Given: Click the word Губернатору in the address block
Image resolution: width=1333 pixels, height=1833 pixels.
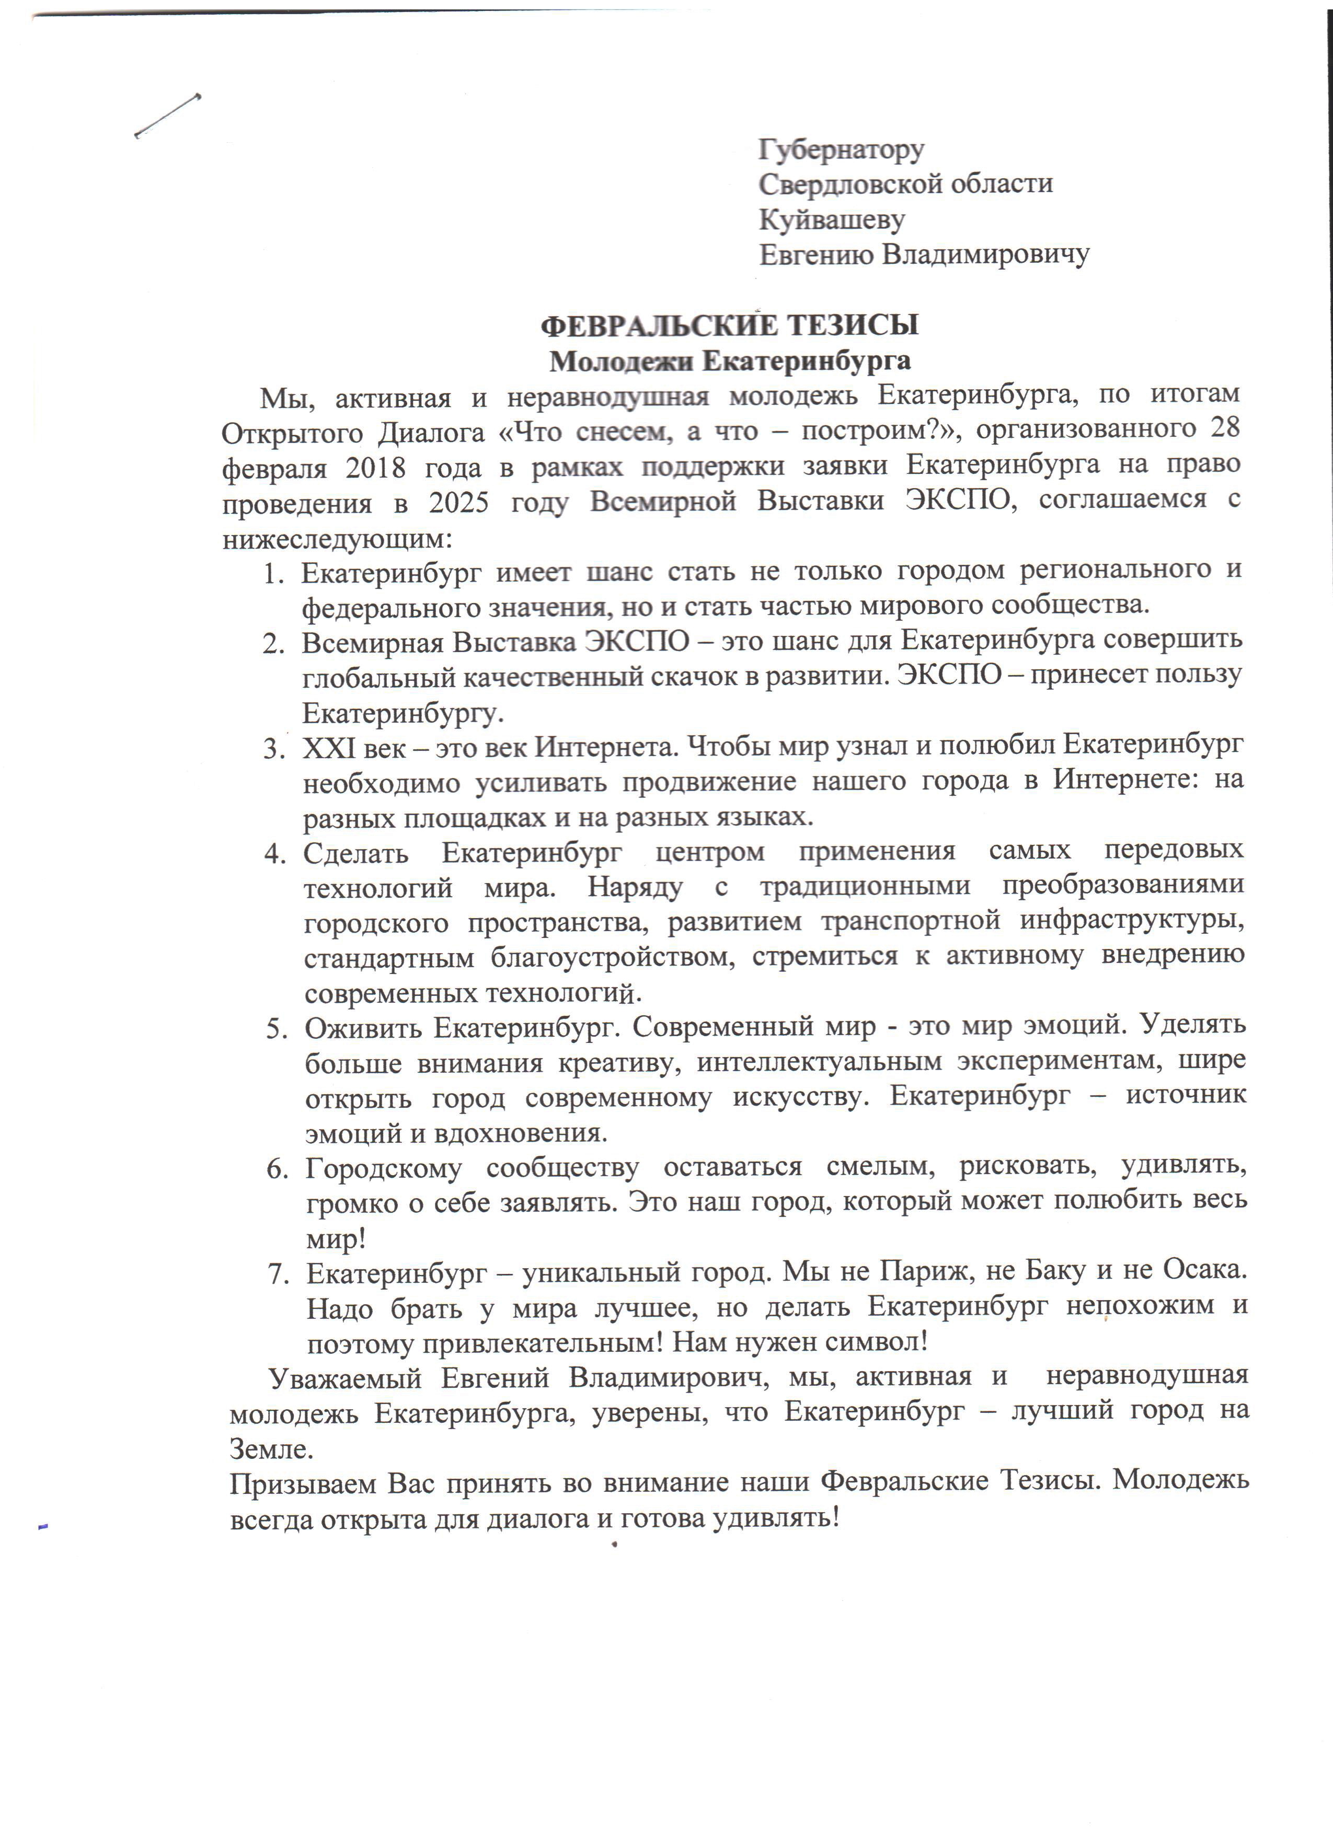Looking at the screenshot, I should tap(841, 149).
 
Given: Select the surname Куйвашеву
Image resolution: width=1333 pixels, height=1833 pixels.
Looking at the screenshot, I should tap(831, 219).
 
